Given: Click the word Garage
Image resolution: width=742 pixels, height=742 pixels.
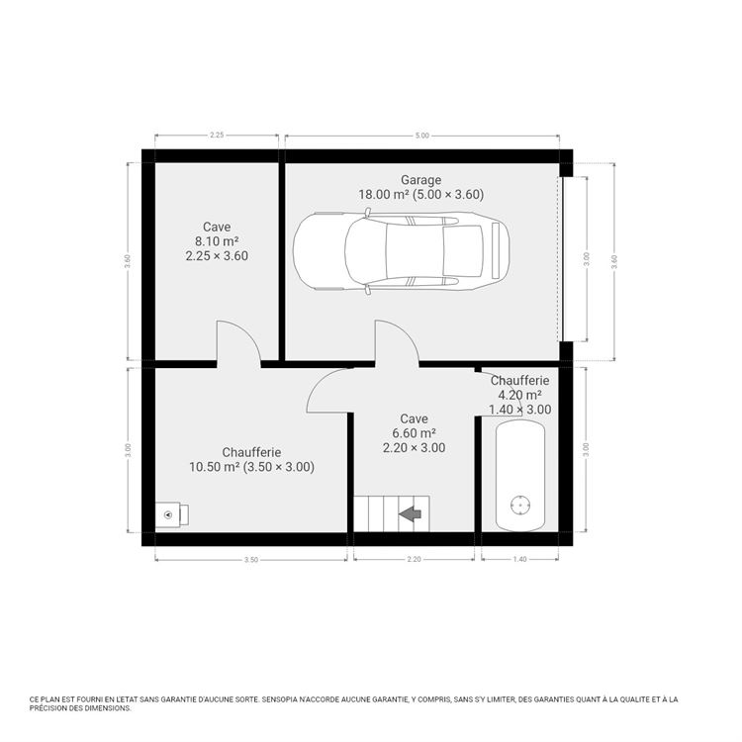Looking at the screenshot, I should click(420, 180).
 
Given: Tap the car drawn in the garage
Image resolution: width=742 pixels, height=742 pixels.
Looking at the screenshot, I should click(402, 251).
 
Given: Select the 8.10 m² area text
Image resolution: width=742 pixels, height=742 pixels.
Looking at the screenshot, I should click(217, 240).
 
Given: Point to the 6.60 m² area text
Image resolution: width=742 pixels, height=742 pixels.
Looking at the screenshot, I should click(414, 433).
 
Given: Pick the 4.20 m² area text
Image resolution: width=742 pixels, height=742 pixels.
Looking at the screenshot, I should click(520, 395).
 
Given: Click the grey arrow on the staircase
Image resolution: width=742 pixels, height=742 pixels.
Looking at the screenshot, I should click(410, 512).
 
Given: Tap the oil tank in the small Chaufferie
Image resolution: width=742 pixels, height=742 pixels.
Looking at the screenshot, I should click(519, 475).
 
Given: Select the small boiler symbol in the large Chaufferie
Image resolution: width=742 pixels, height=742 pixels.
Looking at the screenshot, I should click(173, 514).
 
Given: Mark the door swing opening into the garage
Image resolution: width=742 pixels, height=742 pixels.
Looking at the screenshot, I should click(396, 341).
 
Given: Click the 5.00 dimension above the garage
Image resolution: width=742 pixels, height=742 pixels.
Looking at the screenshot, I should click(422, 135).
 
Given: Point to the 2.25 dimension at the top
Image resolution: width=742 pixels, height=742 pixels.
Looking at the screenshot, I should click(217, 135).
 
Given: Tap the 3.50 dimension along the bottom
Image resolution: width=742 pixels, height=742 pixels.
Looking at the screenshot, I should click(251, 560).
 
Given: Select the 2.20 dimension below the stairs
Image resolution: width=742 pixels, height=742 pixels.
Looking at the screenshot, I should click(414, 560).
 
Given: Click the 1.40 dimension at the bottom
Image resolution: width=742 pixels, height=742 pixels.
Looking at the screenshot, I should click(520, 560).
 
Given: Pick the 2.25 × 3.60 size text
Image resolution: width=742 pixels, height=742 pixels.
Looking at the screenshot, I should click(217, 255).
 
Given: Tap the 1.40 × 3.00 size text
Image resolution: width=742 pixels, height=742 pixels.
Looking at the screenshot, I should click(520, 410).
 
